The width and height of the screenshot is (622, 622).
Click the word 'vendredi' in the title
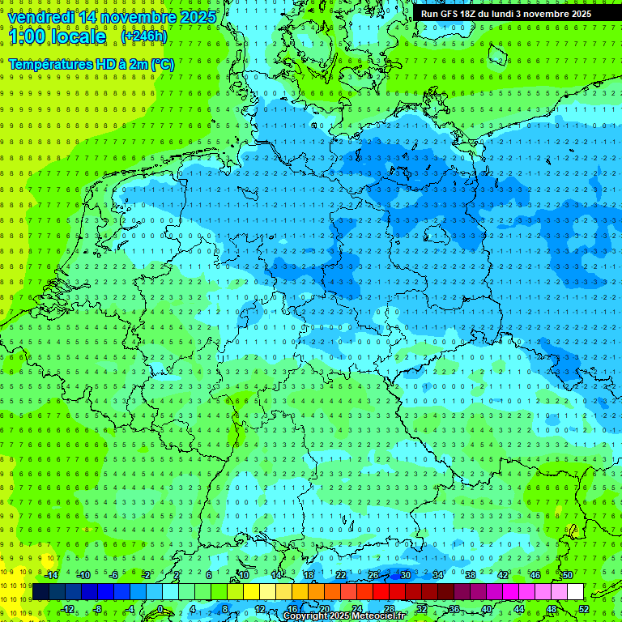[37, 17]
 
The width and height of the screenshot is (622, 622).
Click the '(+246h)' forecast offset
[143, 36]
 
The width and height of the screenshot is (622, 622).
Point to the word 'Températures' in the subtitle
[48, 64]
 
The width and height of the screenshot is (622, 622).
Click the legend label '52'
[584, 609]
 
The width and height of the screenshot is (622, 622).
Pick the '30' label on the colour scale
[405, 575]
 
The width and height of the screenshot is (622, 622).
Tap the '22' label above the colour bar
[341, 575]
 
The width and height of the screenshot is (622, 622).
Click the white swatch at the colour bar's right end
[575, 592]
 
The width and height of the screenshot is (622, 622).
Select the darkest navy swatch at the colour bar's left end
[40, 592]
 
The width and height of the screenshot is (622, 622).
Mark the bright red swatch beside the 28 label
[381, 592]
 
